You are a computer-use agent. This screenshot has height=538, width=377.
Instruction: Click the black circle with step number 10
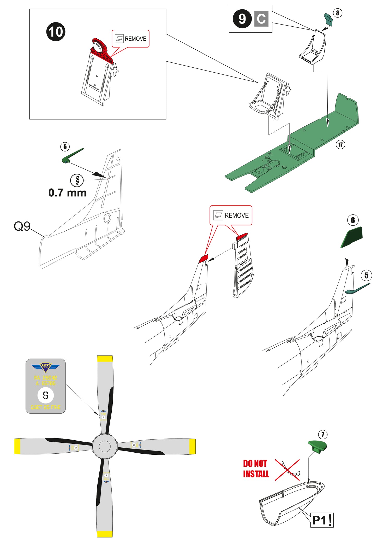click(x=56, y=32)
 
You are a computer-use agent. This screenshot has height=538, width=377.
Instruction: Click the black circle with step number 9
click(x=242, y=19)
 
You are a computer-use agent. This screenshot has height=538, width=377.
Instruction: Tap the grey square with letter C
click(x=261, y=19)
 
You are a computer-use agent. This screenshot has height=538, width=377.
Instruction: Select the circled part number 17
click(x=340, y=144)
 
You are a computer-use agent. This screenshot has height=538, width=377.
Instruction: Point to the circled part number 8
click(x=338, y=13)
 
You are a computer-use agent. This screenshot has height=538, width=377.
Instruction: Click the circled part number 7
click(x=323, y=435)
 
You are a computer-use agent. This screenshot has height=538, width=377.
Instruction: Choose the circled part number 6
click(x=353, y=220)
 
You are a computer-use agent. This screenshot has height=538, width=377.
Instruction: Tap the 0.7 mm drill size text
click(x=67, y=193)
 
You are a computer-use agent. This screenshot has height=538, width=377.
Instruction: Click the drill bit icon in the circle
click(x=77, y=180)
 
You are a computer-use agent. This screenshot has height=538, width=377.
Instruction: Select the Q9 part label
click(x=22, y=226)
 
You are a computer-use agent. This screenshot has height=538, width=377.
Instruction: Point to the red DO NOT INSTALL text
click(x=256, y=469)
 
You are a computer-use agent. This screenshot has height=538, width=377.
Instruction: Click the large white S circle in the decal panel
click(x=46, y=395)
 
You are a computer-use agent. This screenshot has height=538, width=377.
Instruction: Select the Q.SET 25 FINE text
click(x=46, y=407)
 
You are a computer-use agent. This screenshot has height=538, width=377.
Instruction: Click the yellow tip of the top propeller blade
click(x=105, y=359)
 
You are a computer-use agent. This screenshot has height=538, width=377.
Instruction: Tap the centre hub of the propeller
click(x=105, y=446)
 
